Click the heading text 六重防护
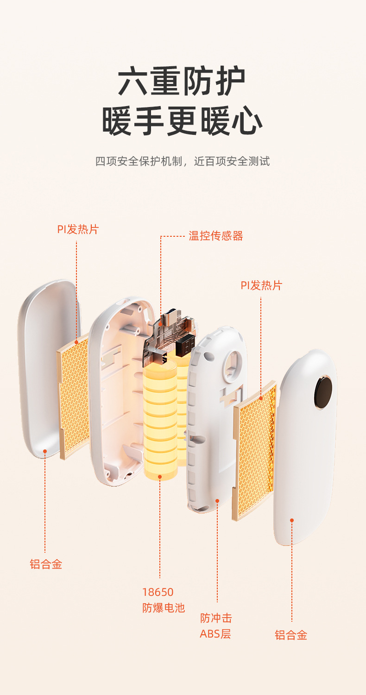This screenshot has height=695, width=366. tap(182, 82)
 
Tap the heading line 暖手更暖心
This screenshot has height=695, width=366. tap(182, 121)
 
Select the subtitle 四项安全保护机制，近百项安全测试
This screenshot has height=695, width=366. tap(182, 162)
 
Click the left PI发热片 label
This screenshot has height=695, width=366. tap(78, 229)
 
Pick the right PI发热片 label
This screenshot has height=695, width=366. tap(261, 285)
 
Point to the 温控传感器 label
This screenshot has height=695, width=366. tap(215, 236)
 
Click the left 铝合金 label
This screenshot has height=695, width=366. tap(46, 564)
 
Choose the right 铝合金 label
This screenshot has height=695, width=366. tap(291, 635)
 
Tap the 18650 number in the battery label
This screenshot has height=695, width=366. tap(158, 592)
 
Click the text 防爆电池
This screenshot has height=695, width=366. tap(163, 608)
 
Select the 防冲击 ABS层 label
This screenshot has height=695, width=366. tap(216, 625)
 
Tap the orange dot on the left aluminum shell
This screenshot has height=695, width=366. tap(45, 450)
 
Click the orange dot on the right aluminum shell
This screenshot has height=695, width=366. tap(292, 520)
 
